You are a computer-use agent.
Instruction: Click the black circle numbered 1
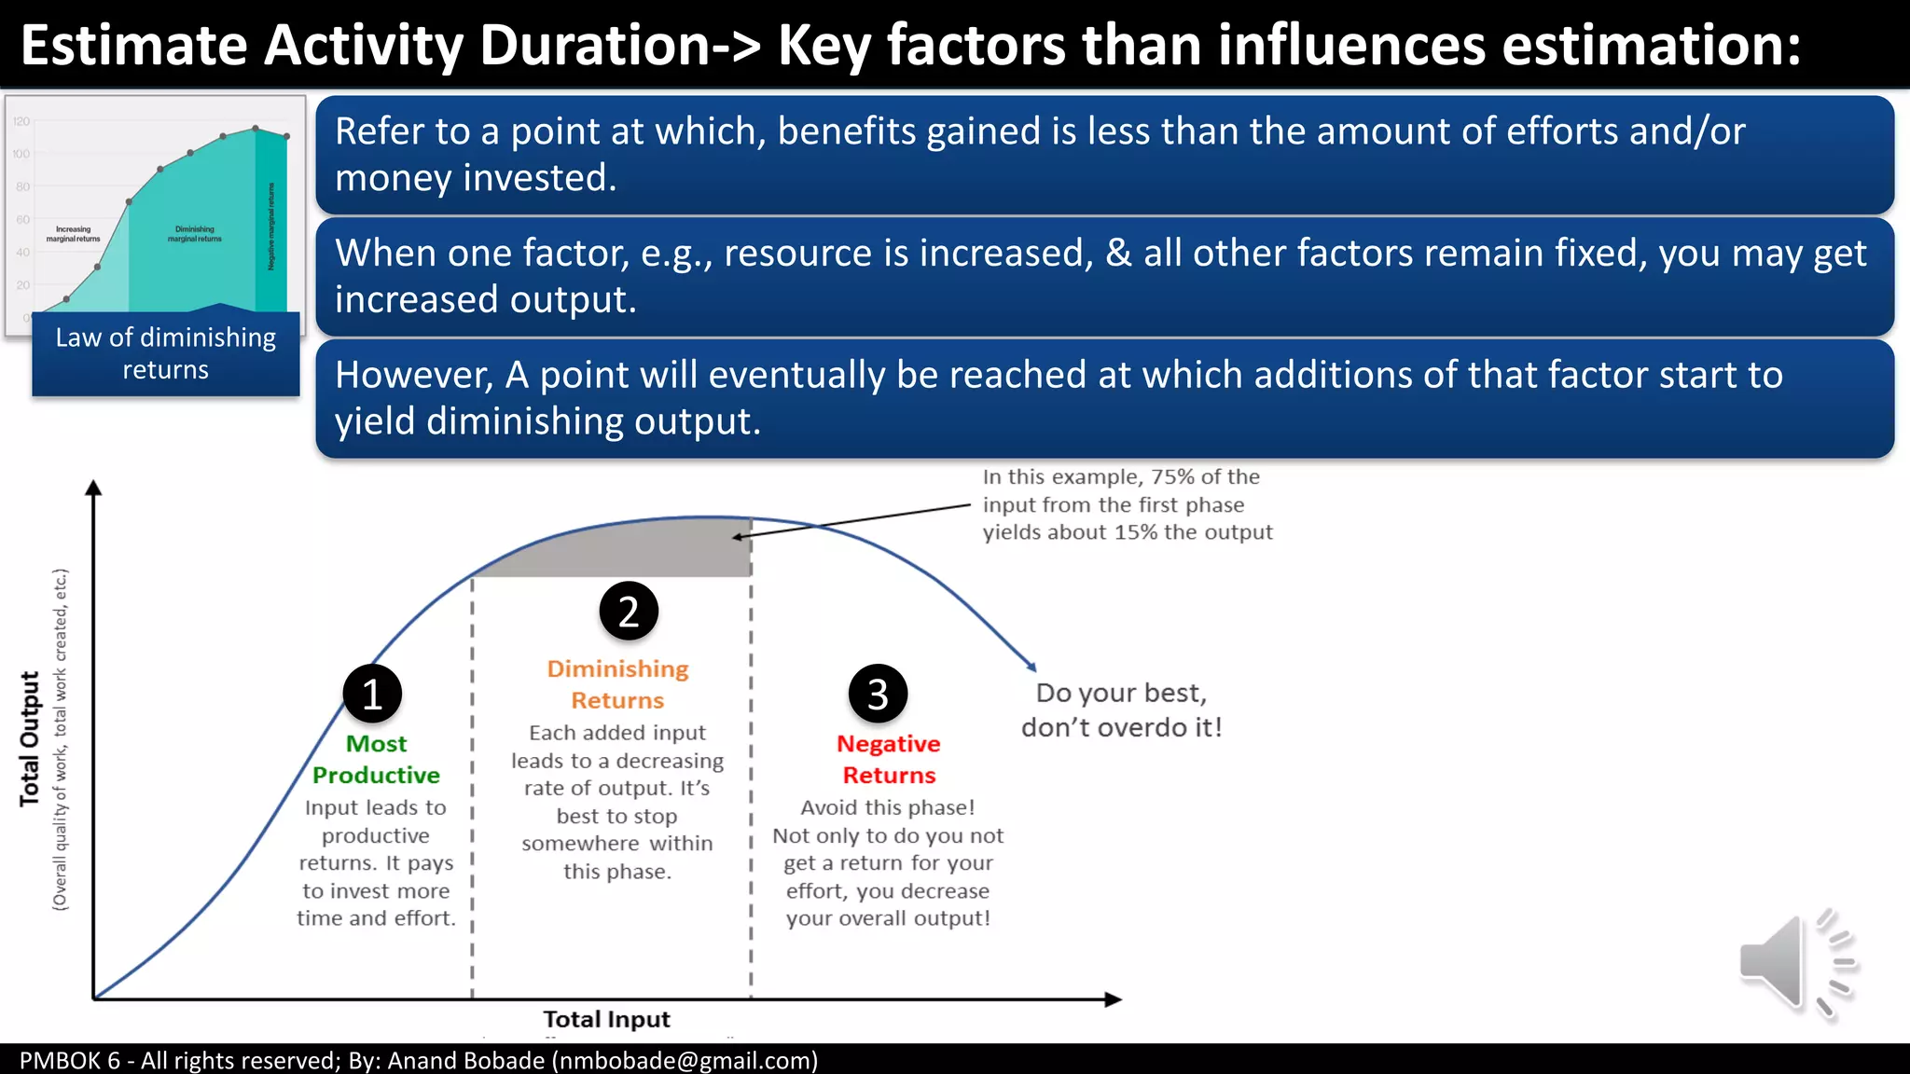(x=372, y=694)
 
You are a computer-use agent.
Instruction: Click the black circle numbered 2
(x=629, y=612)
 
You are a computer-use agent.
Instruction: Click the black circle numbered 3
(x=878, y=694)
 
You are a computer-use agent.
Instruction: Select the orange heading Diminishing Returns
(x=617, y=684)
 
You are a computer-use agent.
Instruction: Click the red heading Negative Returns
(x=889, y=759)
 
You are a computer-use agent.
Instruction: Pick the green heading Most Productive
(x=376, y=759)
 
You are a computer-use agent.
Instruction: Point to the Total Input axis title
(x=606, y=1019)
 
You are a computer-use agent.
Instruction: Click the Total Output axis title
(x=30, y=738)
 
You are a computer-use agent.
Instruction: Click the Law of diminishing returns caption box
(x=166, y=354)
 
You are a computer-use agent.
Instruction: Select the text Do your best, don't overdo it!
(x=1121, y=709)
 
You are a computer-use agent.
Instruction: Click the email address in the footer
(x=685, y=1061)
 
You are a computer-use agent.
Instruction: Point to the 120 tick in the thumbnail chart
(x=21, y=121)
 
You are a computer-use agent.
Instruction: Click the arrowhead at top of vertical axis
(x=93, y=488)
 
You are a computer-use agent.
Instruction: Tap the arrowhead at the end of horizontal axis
(x=1113, y=999)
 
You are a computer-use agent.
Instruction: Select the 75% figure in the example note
(x=1172, y=476)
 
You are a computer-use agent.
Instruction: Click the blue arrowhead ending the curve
(x=1031, y=666)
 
